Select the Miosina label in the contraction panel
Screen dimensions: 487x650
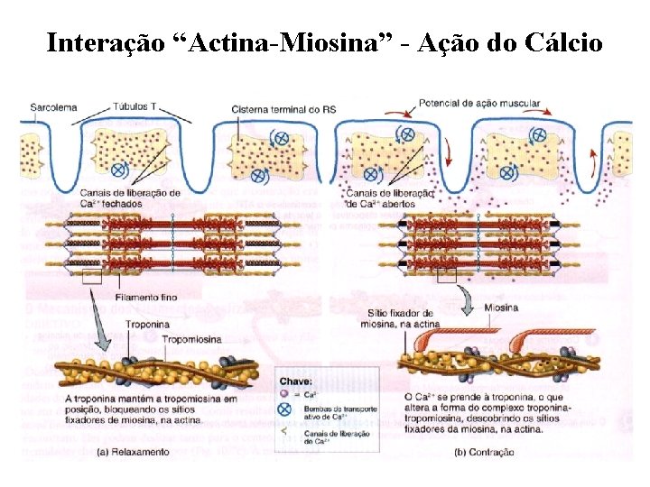[501, 308]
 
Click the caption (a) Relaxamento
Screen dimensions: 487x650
[134, 452]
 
